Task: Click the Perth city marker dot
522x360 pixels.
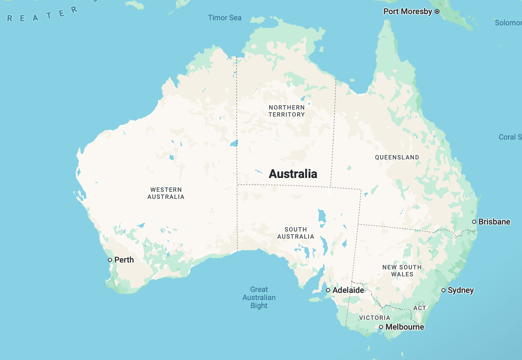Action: (x=110, y=260)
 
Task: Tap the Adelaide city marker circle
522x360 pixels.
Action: (x=328, y=290)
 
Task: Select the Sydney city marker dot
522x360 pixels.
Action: (x=443, y=290)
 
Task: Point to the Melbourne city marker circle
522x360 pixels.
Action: (x=381, y=327)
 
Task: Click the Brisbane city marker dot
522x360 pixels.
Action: (x=474, y=222)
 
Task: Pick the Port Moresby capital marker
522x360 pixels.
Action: (x=437, y=11)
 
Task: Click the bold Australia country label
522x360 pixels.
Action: (x=293, y=174)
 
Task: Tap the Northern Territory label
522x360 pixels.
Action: (x=287, y=111)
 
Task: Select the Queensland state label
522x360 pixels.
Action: (x=397, y=157)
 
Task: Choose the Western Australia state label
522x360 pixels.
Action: (x=166, y=193)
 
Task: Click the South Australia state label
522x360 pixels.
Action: (x=296, y=233)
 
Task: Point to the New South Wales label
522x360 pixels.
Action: (x=402, y=271)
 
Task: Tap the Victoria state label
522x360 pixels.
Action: (x=375, y=318)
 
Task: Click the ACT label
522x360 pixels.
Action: (x=420, y=308)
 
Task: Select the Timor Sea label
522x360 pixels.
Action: (x=225, y=18)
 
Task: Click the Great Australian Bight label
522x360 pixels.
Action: (x=259, y=298)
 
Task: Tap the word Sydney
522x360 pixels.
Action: (x=461, y=290)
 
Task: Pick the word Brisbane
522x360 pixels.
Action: (x=494, y=222)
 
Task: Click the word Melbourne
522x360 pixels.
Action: (x=405, y=327)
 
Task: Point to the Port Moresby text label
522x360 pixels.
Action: (x=407, y=11)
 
